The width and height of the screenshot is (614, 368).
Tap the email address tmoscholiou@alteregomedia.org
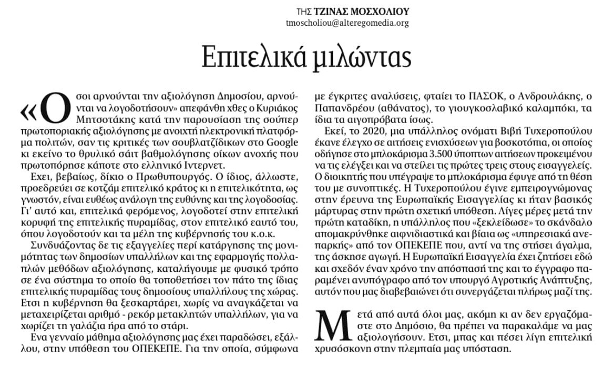click(347, 23)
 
